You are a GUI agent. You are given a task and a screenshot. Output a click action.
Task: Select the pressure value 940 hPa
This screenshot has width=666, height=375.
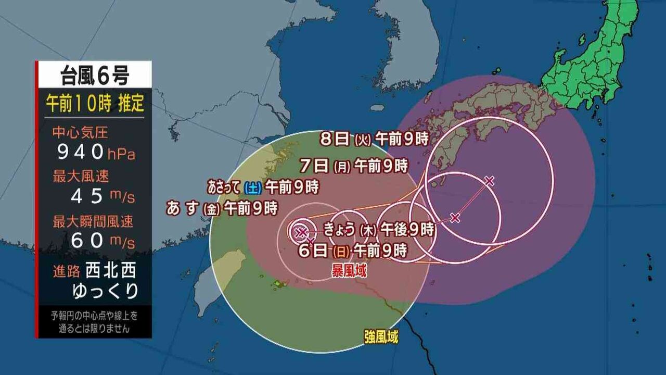(x=94, y=153)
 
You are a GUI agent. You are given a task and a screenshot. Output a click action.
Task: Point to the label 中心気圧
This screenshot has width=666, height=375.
(x=80, y=132)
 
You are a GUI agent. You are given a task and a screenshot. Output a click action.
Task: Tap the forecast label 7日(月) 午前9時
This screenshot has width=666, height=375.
(x=353, y=166)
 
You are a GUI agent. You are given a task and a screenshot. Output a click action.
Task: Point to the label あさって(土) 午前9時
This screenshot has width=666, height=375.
(x=263, y=185)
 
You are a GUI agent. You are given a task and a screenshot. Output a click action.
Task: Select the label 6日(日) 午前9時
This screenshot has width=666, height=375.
(x=353, y=251)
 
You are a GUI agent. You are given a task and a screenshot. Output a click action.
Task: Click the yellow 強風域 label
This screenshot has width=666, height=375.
(x=381, y=337)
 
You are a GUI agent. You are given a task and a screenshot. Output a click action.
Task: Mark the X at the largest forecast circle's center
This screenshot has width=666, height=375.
(x=489, y=181)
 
